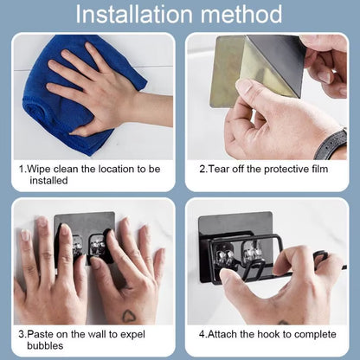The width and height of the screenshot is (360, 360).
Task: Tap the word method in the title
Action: [243, 15]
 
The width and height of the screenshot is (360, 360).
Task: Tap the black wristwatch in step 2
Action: [332, 144]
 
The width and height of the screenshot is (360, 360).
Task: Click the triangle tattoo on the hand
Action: [128, 316]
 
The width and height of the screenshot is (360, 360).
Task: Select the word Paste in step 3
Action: [42, 332]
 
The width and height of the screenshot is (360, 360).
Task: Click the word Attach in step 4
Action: [224, 332]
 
